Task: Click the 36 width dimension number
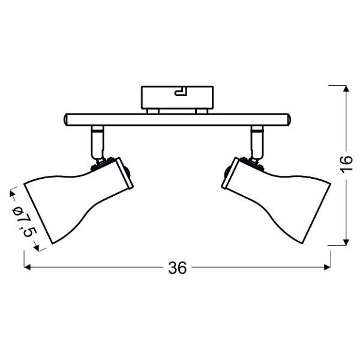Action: point(177,268)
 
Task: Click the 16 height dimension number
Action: point(344,164)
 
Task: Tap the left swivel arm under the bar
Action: point(96,142)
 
